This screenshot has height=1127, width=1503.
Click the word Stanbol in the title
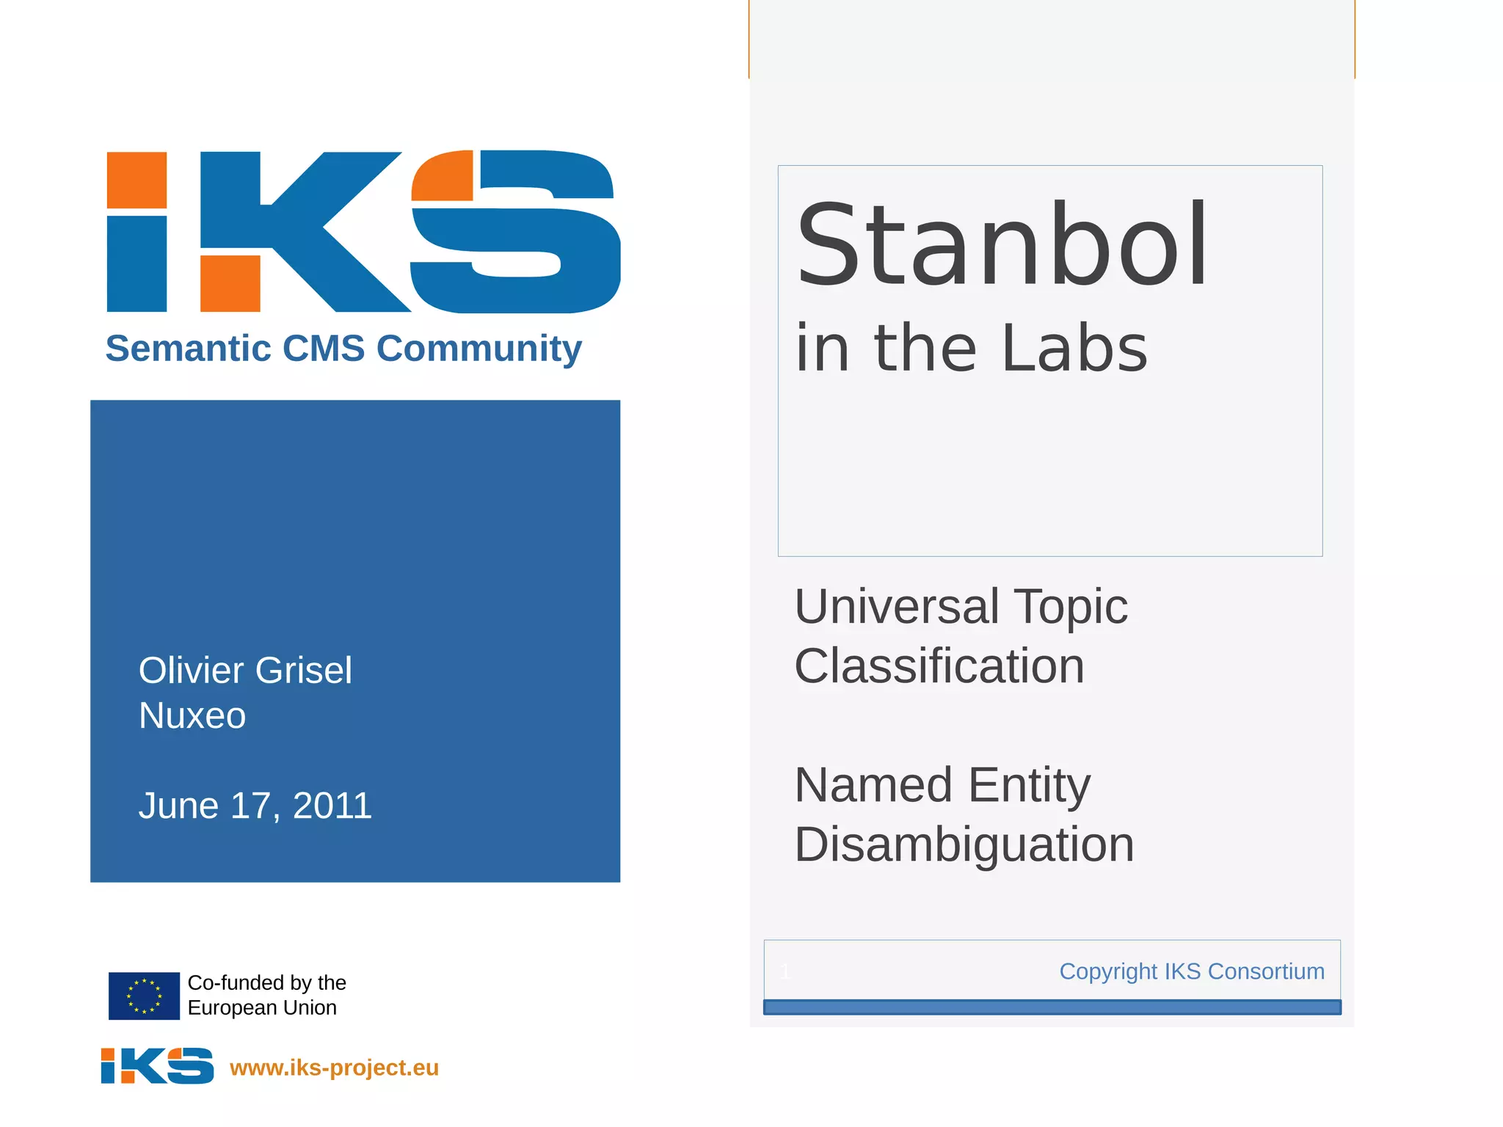tap(1001, 246)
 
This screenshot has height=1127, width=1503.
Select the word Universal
tap(895, 607)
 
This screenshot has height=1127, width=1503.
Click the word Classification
tap(939, 666)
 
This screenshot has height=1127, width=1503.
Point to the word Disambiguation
tap(964, 845)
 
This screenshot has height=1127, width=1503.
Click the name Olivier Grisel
tap(245, 671)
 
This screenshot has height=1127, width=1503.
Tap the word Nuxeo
tap(192, 715)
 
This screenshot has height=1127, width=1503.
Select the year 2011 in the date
tap(332, 806)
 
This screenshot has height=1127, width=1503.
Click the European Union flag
tap(144, 996)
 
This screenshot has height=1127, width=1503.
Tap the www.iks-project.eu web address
tap(334, 1068)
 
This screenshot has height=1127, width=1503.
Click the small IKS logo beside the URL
tap(157, 1065)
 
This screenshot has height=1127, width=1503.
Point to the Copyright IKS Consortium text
tap(1191, 971)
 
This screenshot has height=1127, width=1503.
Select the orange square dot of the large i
tap(137, 180)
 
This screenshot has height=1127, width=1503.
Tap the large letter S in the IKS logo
tap(515, 231)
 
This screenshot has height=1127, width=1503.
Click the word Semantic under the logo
tap(188, 349)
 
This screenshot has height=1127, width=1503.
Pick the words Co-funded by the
tap(266, 982)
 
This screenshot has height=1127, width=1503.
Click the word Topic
tap(1071, 607)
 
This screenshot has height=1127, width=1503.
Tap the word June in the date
tap(178, 806)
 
